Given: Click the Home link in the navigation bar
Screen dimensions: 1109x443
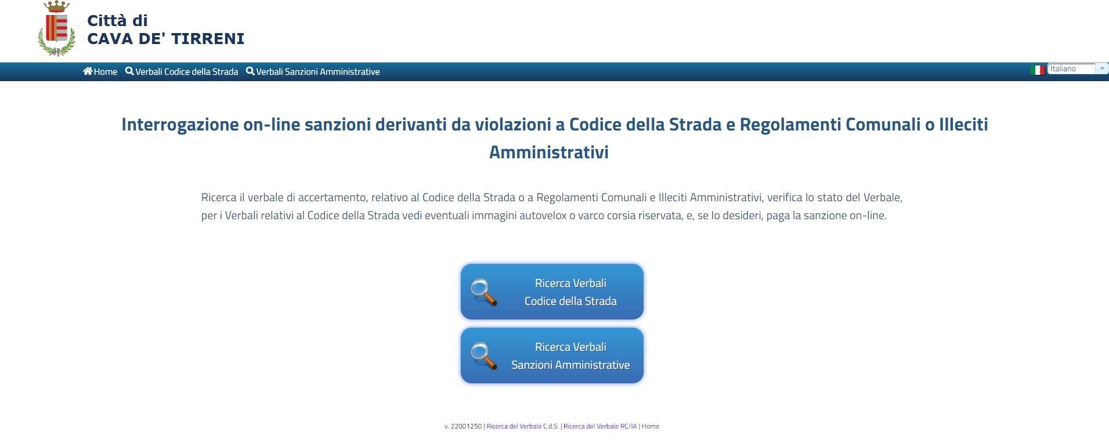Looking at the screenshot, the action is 100,71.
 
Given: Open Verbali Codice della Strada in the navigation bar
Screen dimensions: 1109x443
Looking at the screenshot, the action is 182,71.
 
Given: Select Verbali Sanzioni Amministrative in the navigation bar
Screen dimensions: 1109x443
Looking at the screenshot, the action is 313,71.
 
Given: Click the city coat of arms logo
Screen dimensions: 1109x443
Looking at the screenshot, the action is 56,28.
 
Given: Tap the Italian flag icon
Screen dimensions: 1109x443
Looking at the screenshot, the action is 1037,70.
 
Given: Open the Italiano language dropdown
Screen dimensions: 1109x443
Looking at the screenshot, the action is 1078,69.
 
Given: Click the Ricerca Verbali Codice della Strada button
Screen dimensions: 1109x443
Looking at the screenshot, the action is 552,292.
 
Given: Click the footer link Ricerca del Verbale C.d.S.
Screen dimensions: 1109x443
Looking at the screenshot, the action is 522,426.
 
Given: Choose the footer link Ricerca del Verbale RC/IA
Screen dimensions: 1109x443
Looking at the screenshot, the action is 600,426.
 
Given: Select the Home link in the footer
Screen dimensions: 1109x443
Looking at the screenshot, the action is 651,426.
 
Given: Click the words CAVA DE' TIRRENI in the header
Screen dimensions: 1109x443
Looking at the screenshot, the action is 165,39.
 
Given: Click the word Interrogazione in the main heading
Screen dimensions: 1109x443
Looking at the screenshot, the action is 180,125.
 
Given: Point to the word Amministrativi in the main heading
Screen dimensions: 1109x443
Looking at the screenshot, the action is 549,152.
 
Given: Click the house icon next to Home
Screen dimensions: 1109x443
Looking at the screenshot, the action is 88,71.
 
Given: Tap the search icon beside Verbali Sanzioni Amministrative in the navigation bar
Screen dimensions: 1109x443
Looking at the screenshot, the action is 250,71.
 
